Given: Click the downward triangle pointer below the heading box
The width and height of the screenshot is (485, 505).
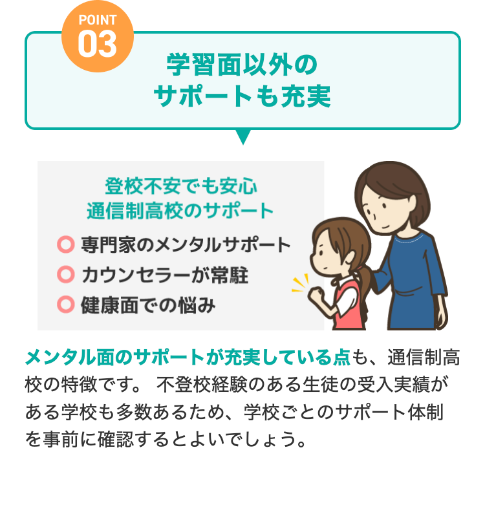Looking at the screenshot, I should click(x=243, y=136).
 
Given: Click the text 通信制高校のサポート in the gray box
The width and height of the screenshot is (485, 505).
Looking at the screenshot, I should click(x=180, y=211).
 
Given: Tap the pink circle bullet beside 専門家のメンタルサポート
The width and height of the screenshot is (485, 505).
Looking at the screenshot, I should click(x=65, y=244).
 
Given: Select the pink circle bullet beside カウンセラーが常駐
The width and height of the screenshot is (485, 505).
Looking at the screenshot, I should click(x=65, y=274).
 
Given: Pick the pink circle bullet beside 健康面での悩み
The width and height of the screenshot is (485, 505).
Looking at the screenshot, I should click(x=65, y=304).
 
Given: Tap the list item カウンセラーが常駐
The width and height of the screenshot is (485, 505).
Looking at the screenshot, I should click(x=165, y=274).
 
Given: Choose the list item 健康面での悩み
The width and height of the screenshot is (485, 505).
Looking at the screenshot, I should click(x=148, y=304).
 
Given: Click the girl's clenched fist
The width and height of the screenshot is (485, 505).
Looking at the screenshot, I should click(x=317, y=294).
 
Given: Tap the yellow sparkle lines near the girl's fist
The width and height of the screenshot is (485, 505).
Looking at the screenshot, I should click(x=299, y=283).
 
